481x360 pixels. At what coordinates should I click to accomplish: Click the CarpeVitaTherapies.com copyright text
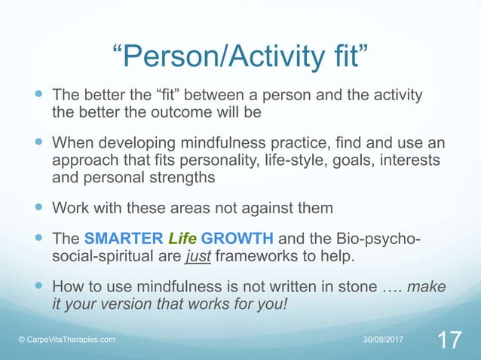[67, 340]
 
